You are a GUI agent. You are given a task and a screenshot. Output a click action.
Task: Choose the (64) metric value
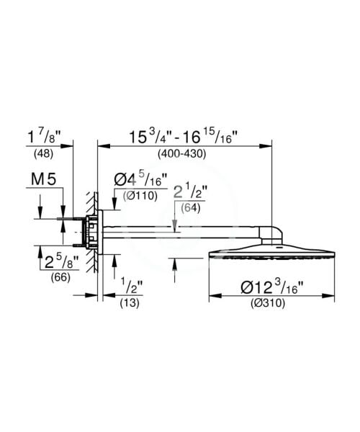tap(190, 209)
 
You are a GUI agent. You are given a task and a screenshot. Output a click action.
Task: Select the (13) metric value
tap(130, 304)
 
